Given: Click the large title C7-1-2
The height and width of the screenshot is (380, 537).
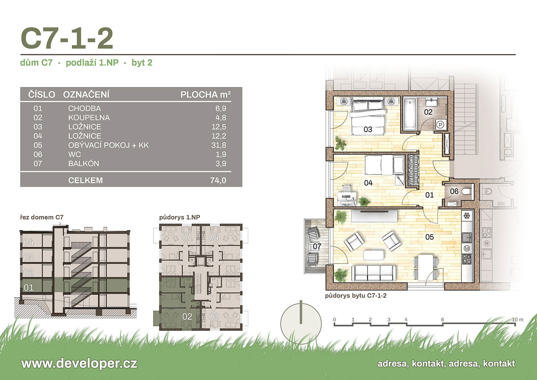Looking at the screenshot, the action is pos(67,38).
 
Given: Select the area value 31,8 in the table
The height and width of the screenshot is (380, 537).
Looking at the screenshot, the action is pos(219,145).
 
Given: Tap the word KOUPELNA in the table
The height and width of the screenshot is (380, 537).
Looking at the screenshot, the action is pos(89,118).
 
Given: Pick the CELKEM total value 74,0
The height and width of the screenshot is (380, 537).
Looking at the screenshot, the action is pos(218,180).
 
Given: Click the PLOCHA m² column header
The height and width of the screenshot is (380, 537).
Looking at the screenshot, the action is pos(206,94).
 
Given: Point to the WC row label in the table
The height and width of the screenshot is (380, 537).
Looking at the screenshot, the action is pos(74,154).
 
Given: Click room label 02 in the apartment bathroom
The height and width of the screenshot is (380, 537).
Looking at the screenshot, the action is pos(428,112).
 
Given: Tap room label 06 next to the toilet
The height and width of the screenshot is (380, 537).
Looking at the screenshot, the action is pos(454,191).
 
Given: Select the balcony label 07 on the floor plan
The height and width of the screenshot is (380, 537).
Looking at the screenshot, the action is pos(317,246).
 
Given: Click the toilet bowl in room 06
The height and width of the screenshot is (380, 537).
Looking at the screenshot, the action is pos(467,191).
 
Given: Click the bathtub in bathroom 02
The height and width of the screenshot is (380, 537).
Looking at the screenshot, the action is pos(410,115).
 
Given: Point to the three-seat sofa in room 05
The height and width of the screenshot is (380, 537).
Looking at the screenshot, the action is pos(373,273).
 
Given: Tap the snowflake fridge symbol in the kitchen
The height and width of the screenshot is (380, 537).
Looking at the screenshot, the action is pos(467,216).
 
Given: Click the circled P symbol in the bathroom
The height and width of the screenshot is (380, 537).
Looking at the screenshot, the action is pos(441,125).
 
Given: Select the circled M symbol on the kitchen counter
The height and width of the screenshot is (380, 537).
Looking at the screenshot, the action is pos(467,249).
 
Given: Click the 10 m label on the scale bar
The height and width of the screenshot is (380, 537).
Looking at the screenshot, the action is pos(518,320).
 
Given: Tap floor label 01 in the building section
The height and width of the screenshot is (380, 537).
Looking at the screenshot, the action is pos(29,287).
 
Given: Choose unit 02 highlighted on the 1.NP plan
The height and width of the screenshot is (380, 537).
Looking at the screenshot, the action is pos(187,317).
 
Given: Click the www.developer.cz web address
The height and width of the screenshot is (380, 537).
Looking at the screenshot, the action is pos(79,364).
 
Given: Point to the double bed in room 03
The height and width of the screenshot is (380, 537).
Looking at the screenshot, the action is pos(368,118).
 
